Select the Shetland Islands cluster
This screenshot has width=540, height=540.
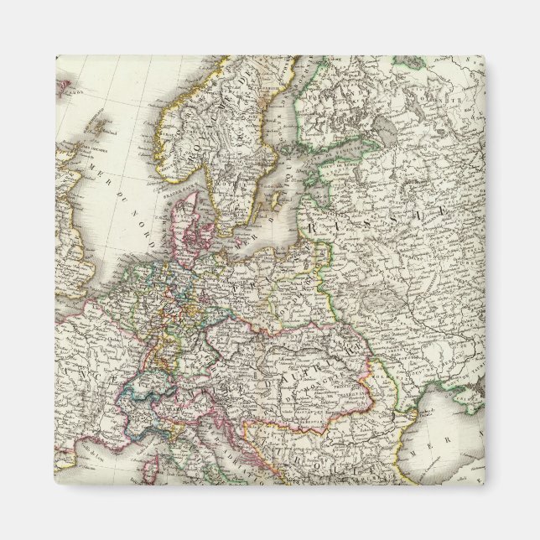pos(102,122)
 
